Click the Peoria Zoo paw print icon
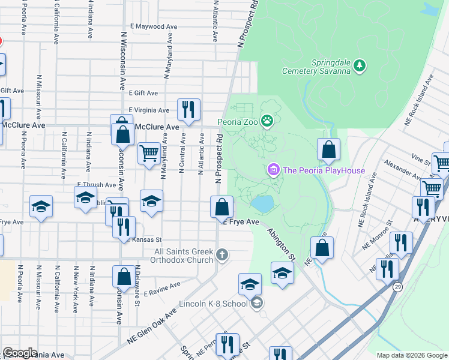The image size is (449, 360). (x=267, y=122)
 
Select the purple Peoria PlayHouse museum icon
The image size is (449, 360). (x=274, y=170)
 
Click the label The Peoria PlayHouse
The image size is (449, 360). (x=324, y=170)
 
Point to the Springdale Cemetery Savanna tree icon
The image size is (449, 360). (x=359, y=64)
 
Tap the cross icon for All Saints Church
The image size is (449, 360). (x=222, y=256)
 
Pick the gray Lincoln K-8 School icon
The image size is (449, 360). (x=257, y=302)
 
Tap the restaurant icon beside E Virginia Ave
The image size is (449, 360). (x=188, y=110)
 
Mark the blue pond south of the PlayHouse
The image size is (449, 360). (x=262, y=203)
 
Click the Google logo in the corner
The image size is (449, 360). (x=20, y=353)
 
